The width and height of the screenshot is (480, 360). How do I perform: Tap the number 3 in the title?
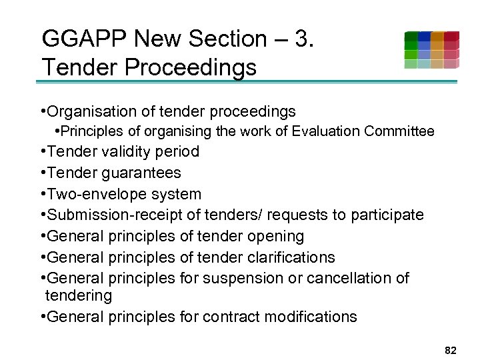pyautogui.click(x=301, y=39)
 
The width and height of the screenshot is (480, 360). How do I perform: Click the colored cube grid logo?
pyautogui.click(x=431, y=50)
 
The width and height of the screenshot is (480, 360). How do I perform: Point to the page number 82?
pyautogui.click(x=450, y=350)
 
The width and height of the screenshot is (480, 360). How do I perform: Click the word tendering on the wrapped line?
pyautogui.click(x=79, y=295)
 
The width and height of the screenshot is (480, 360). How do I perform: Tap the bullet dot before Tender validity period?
pyautogui.click(x=43, y=152)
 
